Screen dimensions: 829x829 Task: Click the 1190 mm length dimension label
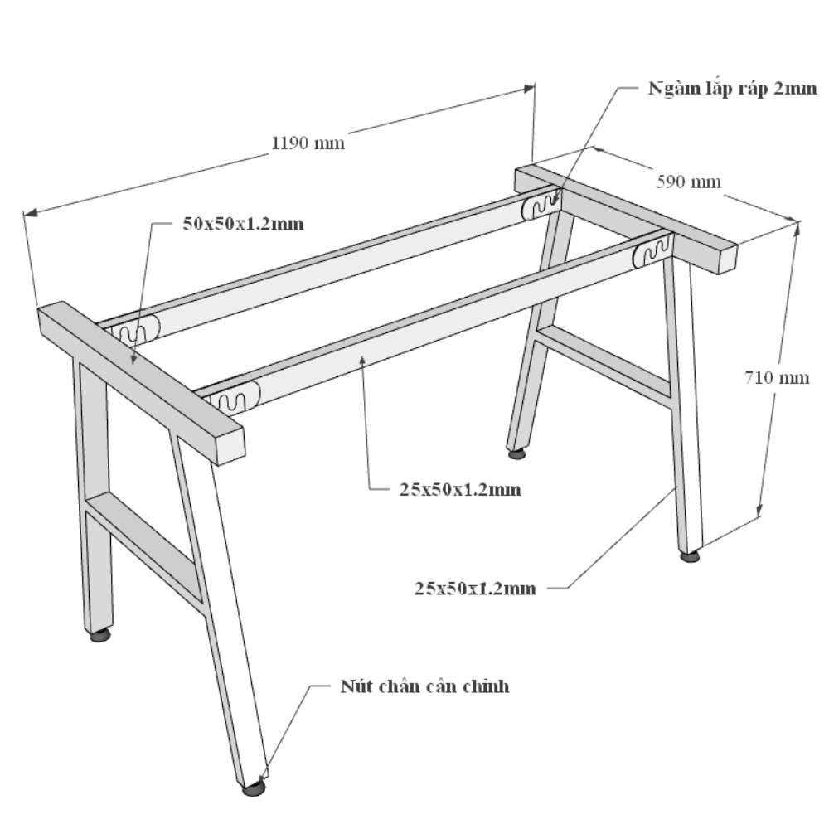pyautogui.click(x=308, y=143)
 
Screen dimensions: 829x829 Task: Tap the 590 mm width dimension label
pyautogui.click(x=688, y=182)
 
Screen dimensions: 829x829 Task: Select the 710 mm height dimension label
pyautogui.click(x=777, y=377)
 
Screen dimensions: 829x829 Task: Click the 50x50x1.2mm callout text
pyautogui.click(x=243, y=224)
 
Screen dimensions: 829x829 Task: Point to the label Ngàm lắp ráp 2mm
pyautogui.click(x=733, y=89)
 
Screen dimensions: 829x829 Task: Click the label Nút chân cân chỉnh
pyautogui.click(x=425, y=686)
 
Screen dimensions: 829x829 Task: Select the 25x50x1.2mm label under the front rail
pyautogui.click(x=460, y=490)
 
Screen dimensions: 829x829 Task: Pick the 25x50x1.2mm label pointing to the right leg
pyautogui.click(x=475, y=589)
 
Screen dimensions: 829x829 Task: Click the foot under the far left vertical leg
pyautogui.click(x=99, y=635)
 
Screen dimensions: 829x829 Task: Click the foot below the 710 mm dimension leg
pyautogui.click(x=690, y=555)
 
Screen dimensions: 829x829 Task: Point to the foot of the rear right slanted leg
pyautogui.click(x=516, y=453)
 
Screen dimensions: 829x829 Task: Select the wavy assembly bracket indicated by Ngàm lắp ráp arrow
pyautogui.click(x=541, y=204)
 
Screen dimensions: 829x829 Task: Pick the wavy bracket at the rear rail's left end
pyautogui.click(x=133, y=332)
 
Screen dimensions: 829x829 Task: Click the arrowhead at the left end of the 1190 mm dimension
pyautogui.click(x=31, y=212)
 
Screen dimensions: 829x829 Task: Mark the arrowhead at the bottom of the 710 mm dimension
pyautogui.click(x=759, y=510)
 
